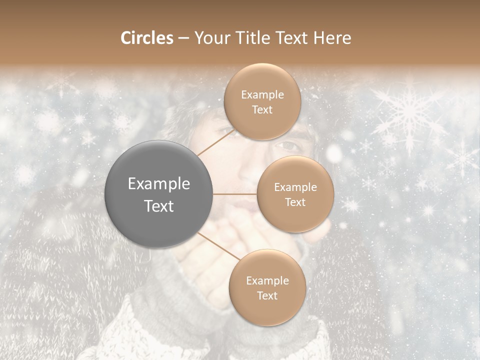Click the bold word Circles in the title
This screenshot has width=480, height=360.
point(146,38)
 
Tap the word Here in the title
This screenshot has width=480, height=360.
point(332,38)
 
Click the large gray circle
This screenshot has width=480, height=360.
point(159,194)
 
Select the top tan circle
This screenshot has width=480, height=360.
point(261,101)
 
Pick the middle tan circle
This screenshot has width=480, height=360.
point(295,194)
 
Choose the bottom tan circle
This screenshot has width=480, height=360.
point(267,287)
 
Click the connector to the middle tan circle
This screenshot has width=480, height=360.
point(235,194)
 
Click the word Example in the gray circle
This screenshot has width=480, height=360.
point(159,183)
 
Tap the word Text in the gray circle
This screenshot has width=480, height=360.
point(159,205)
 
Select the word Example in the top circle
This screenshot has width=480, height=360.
point(262,94)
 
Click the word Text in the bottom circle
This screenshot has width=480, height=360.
point(267,295)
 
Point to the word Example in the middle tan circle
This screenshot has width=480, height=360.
point(295,187)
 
